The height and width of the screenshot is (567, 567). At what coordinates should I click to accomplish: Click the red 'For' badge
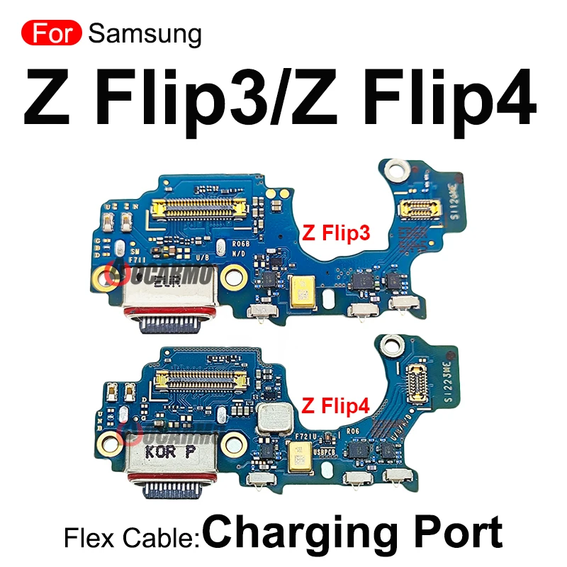click(x=52, y=33)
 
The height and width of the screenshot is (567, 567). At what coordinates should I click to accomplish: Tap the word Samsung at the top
click(x=145, y=33)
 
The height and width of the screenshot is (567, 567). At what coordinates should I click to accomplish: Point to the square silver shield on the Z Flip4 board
click(x=274, y=421)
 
